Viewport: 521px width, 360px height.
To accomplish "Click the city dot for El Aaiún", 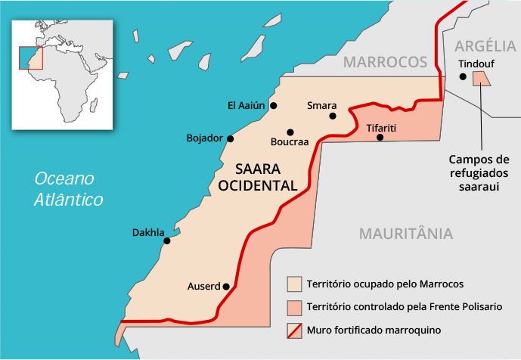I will click(274, 105).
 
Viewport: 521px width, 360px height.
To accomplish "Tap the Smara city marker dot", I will click(333, 116).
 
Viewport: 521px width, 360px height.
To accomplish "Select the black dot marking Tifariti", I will click(380, 138).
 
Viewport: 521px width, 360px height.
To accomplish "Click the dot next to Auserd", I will click(226, 286).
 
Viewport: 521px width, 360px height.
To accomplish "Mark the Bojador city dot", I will click(231, 138).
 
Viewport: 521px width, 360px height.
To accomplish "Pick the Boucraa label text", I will click(290, 142).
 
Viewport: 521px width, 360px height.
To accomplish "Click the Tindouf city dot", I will click(463, 76).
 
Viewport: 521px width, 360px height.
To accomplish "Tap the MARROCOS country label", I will click(385, 62).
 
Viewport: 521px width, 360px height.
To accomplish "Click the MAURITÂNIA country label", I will click(406, 233).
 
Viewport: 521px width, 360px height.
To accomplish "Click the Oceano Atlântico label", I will click(67, 190).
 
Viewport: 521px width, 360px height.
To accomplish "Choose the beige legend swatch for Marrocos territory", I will click(294, 284).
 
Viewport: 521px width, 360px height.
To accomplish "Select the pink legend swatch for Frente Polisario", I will click(294, 308).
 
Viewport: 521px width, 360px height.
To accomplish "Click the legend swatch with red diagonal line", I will click(294, 331).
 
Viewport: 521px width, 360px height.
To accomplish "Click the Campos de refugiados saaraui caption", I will click(480, 172).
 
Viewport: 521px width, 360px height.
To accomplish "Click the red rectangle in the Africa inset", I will click(31, 57).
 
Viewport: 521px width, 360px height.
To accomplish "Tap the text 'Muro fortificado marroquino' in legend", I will click(374, 331).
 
